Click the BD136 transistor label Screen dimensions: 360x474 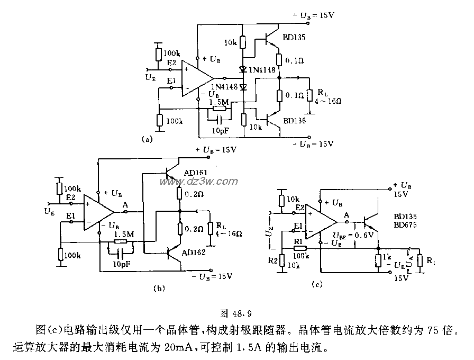tap(294, 121)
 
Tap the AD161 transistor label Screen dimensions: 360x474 tap(196, 173)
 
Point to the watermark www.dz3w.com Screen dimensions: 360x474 tap(209, 182)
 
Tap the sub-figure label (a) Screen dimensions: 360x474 tap(147, 139)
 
